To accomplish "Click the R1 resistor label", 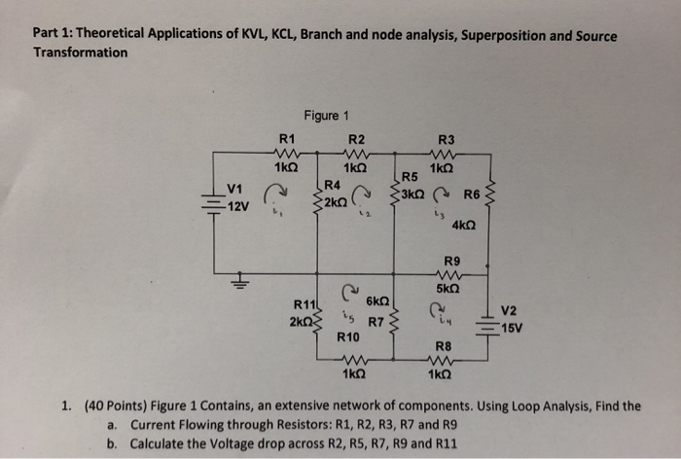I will pyautogui.click(x=286, y=138).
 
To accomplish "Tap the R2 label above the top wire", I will pyautogui.click(x=356, y=138).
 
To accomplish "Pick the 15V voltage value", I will pyautogui.click(x=512, y=327).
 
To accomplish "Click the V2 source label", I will pyautogui.click(x=509, y=310).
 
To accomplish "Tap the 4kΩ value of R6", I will pyautogui.click(x=464, y=225).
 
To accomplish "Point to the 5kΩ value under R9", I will pyautogui.click(x=448, y=289).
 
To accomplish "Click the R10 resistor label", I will pyautogui.click(x=348, y=337).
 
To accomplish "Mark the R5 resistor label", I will pyautogui.click(x=410, y=177).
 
